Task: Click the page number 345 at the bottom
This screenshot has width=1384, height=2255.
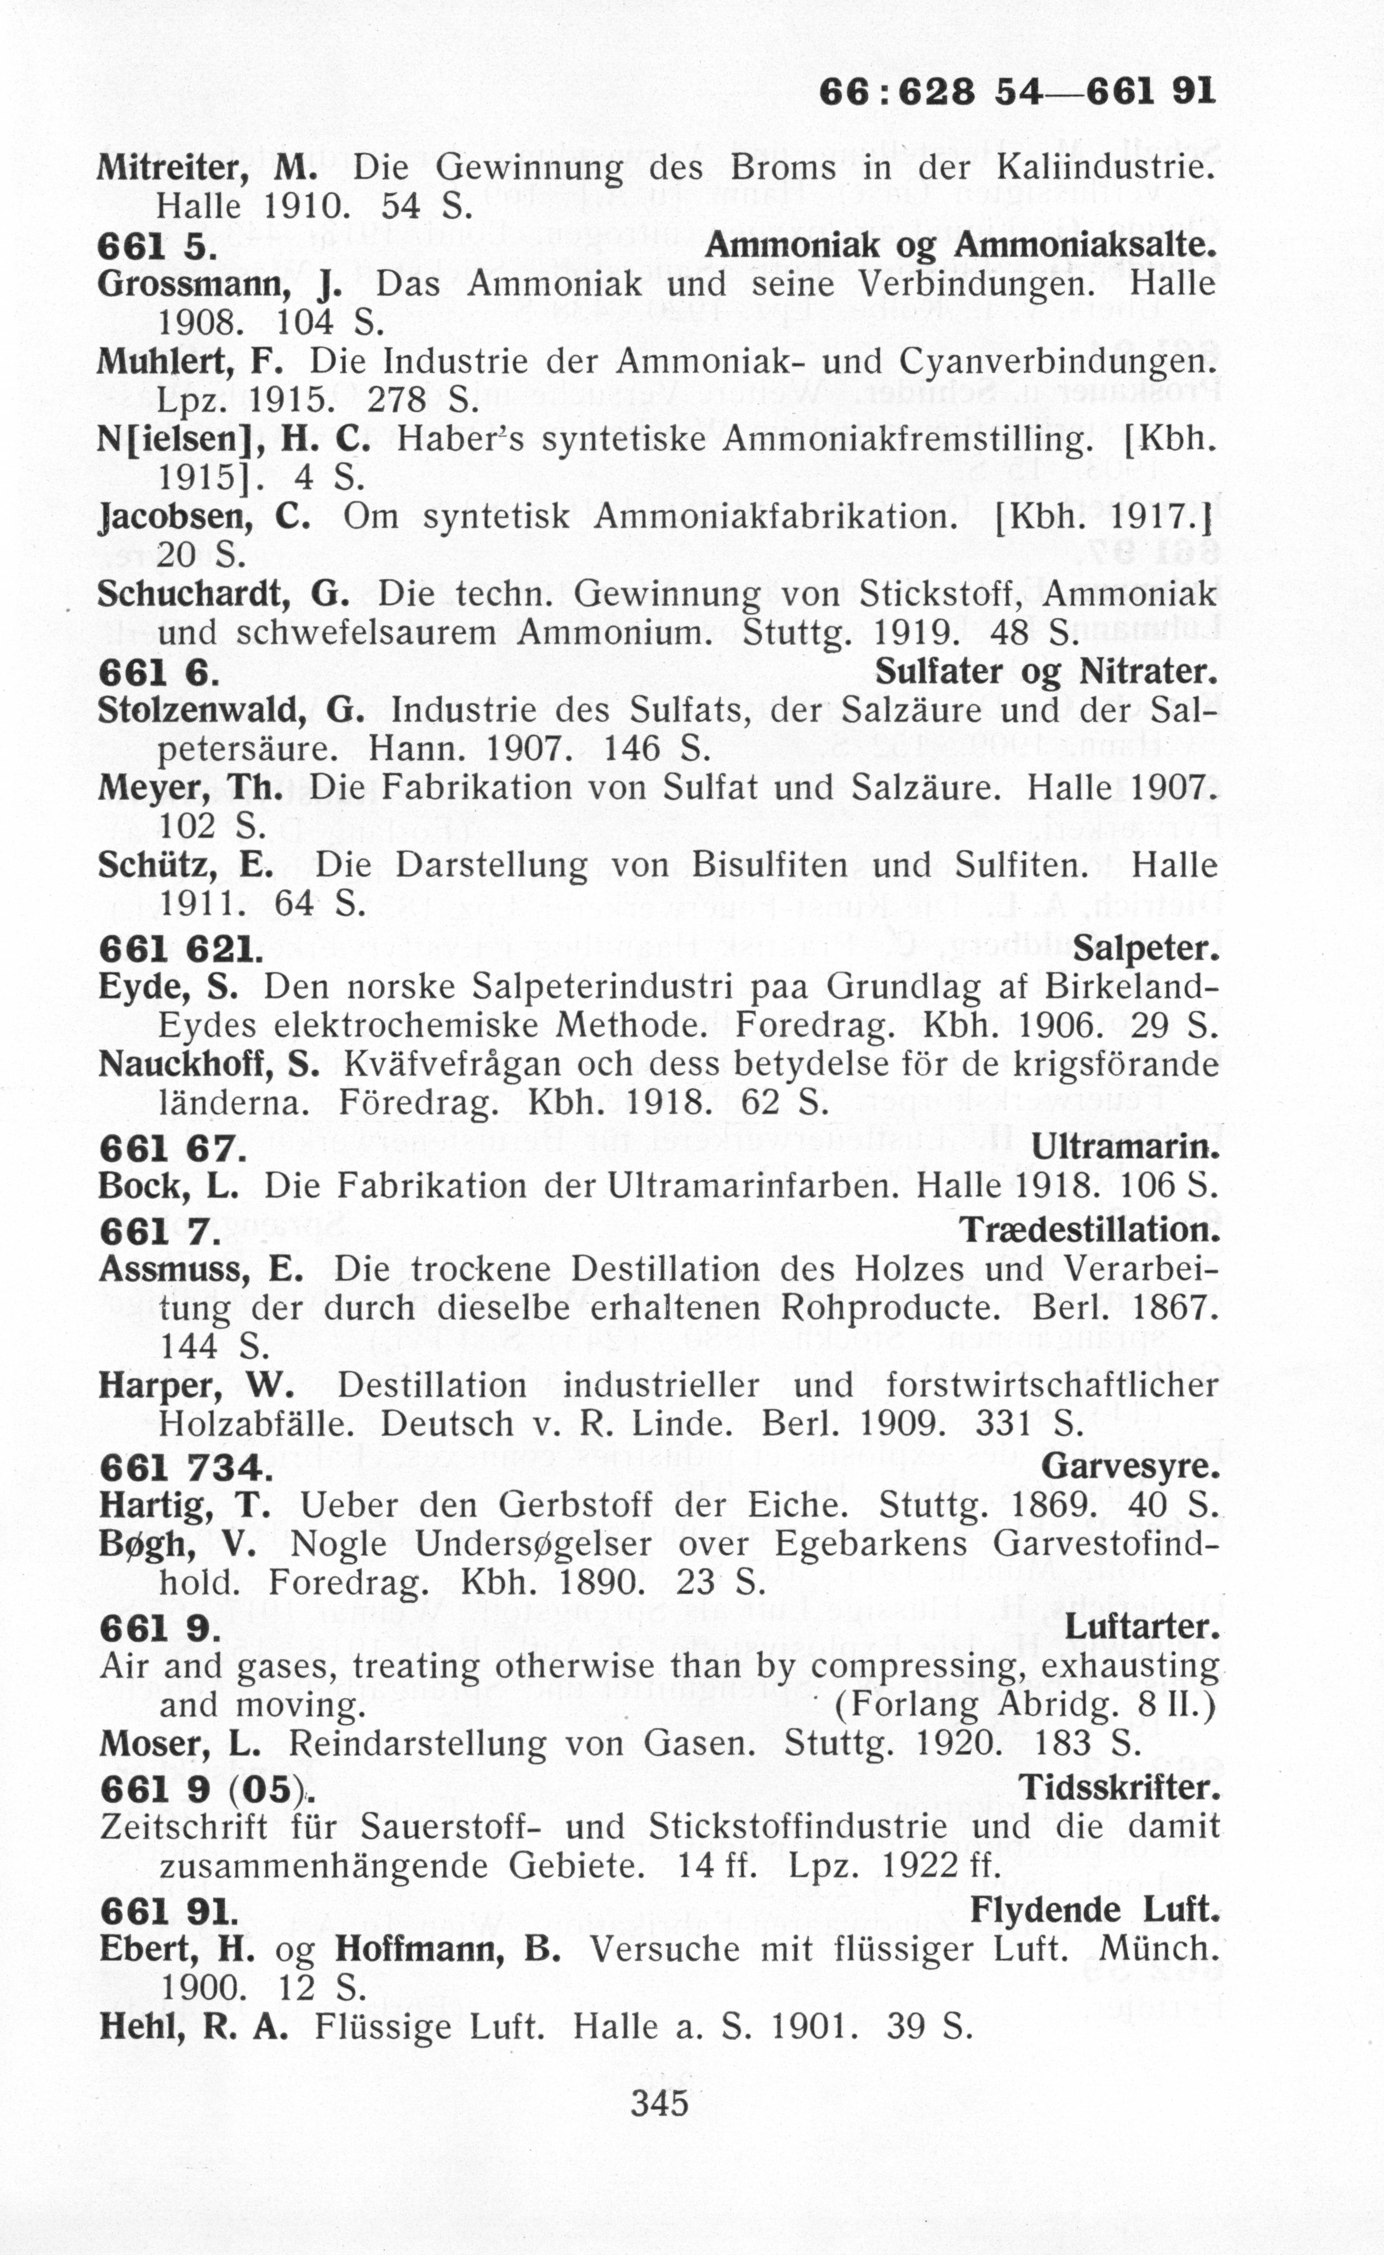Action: pos(659,2154)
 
